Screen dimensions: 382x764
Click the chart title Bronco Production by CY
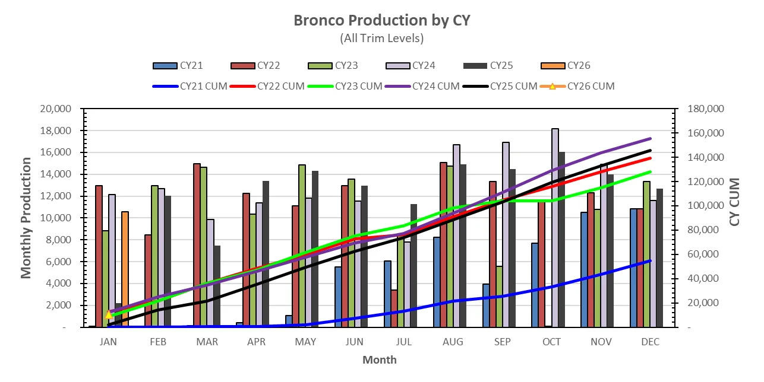pyautogui.click(x=381, y=20)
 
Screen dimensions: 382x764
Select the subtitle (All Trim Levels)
pyautogui.click(x=381, y=39)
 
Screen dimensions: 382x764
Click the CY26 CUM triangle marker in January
pyautogui.click(x=109, y=314)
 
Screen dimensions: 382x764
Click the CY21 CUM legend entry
pyautogui.click(x=190, y=86)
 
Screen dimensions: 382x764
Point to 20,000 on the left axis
pyautogui.click(x=55, y=109)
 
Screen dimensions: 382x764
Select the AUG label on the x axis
pyautogui.click(x=453, y=342)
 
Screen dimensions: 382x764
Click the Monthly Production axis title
pyautogui.click(x=26, y=218)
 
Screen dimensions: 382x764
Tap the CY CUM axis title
pyautogui.click(x=735, y=202)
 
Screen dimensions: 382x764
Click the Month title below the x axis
pyautogui.click(x=379, y=359)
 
